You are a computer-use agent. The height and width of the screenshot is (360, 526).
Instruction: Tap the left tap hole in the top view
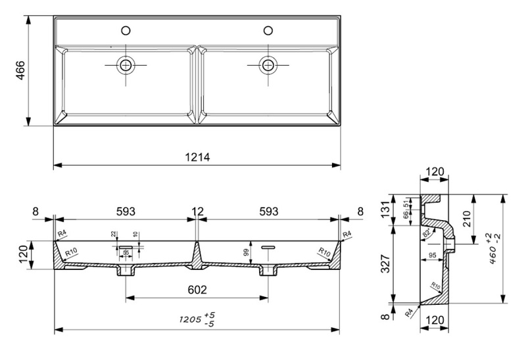click(x=126, y=30)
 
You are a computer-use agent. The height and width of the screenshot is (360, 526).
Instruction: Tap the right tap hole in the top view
click(x=268, y=30)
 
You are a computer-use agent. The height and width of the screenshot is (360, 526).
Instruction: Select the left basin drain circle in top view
click(x=125, y=64)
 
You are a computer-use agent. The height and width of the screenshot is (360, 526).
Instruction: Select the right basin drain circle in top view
click(x=268, y=64)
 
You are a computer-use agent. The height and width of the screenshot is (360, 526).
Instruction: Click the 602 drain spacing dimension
click(x=197, y=290)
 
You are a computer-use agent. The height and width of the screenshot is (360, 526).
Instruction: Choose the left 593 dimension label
click(x=126, y=211)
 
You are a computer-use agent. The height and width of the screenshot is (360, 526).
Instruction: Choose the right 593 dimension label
click(x=268, y=211)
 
